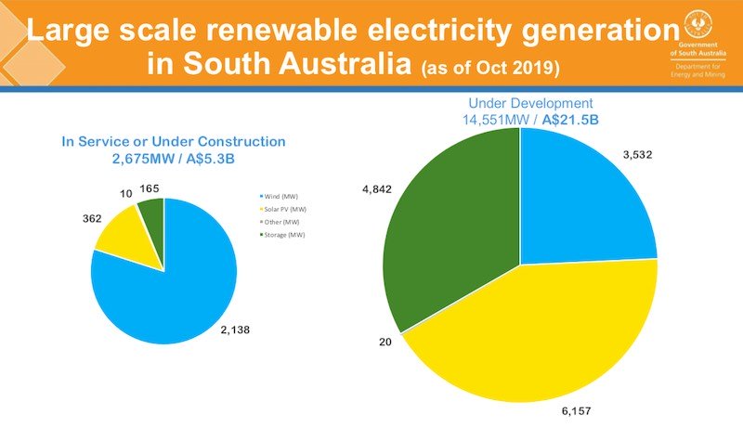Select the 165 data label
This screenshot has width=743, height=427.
pyautogui.click(x=150, y=188)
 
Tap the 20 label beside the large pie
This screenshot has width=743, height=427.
pyautogui.click(x=383, y=342)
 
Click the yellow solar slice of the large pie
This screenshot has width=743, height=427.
pyautogui.click(x=539, y=343)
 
